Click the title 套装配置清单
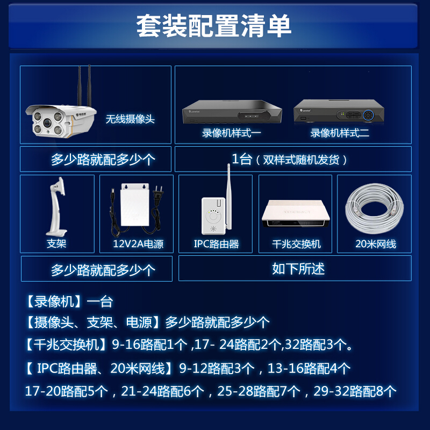point(214,26)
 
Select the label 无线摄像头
point(130,119)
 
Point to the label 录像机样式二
point(340,133)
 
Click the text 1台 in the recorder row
point(242,159)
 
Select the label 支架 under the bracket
point(56,243)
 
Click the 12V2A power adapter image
point(135,207)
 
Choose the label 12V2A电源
point(138,244)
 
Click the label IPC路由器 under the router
point(216,244)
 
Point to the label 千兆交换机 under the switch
point(297,244)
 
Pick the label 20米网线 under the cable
point(376,244)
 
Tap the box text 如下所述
point(298,269)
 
